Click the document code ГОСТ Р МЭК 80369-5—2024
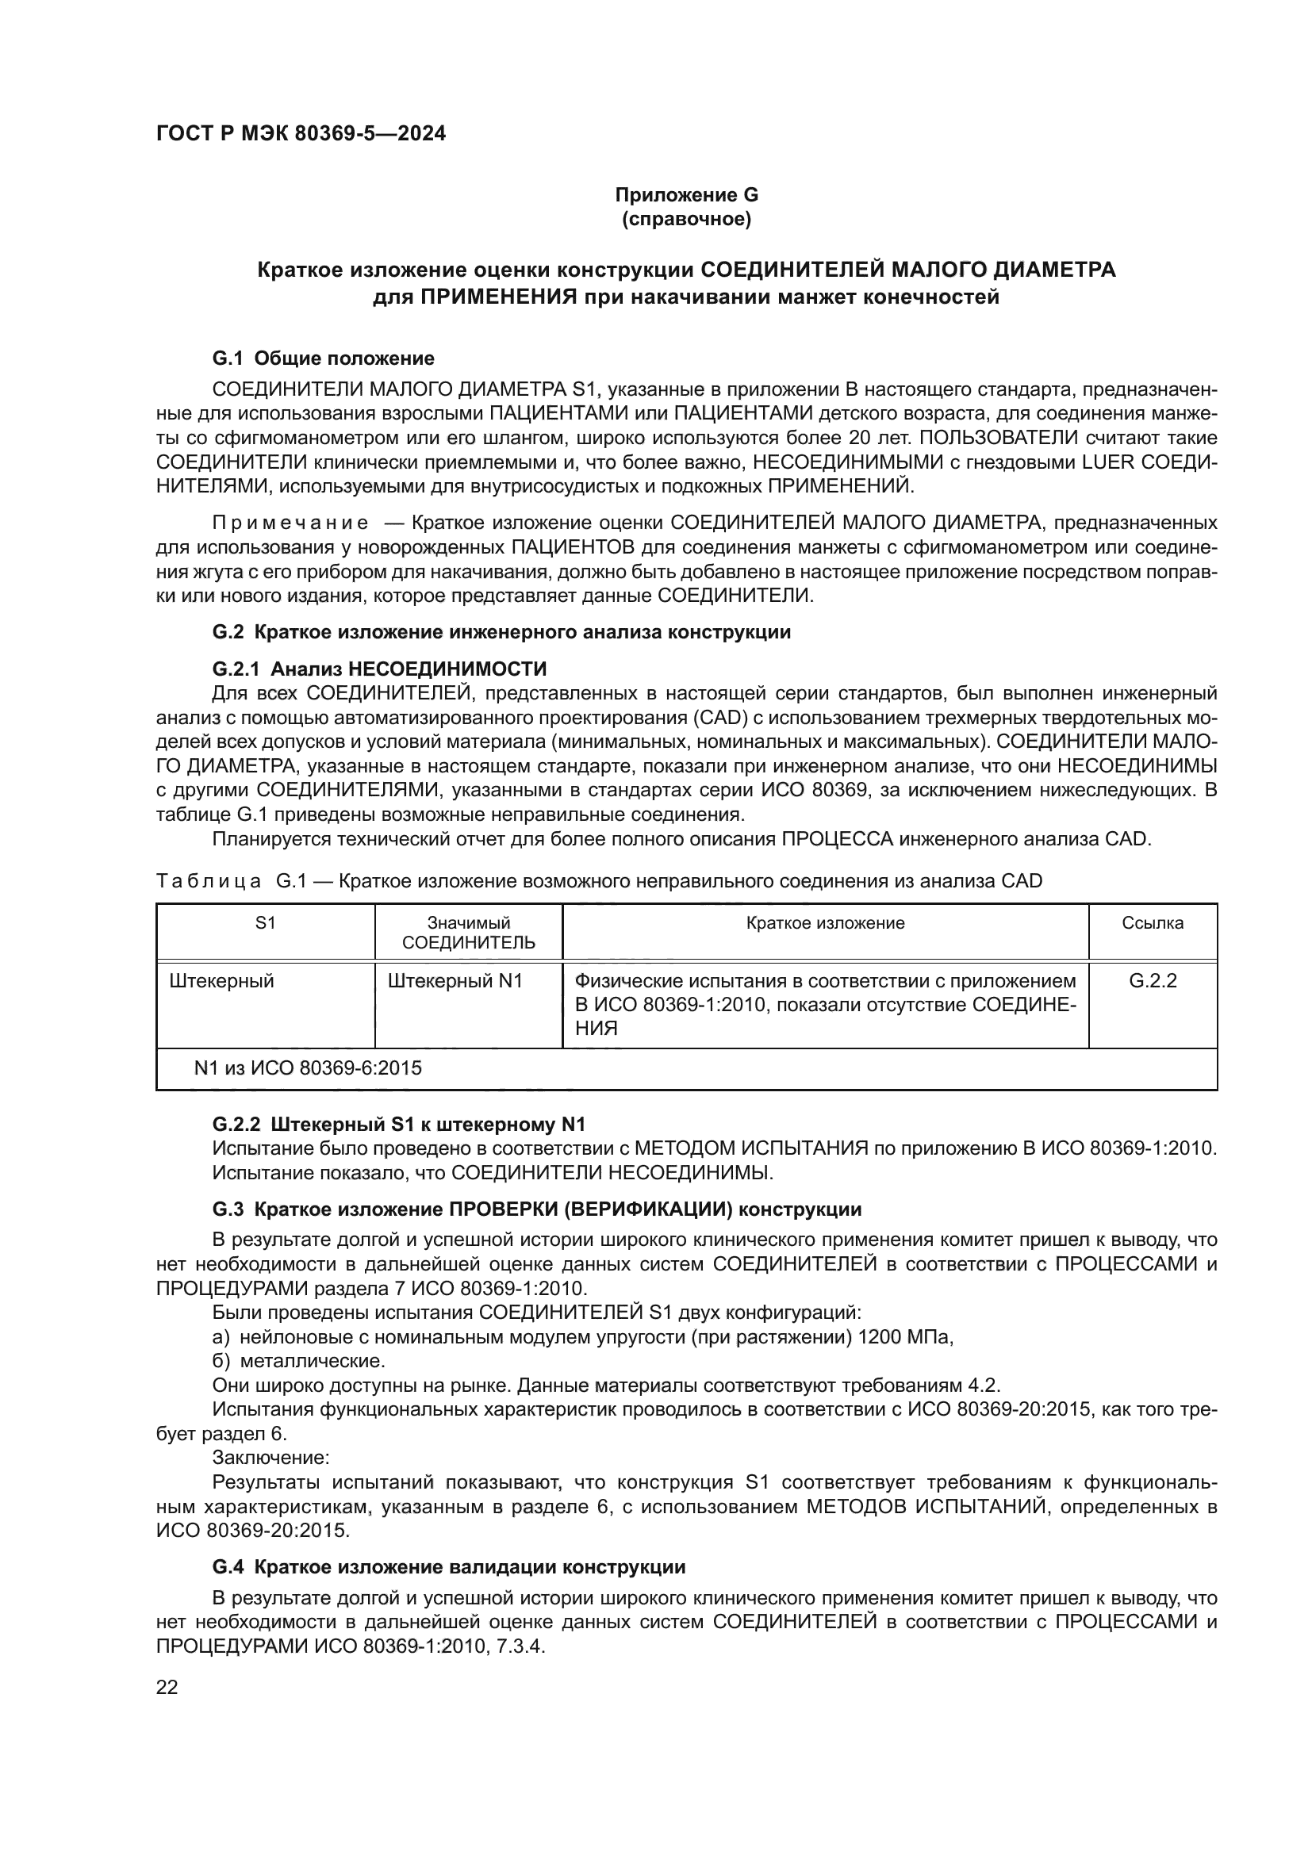[x=301, y=133]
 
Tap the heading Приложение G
[x=686, y=195]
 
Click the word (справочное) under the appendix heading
[x=686, y=219]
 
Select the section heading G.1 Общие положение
[x=323, y=358]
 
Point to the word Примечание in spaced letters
[x=290, y=523]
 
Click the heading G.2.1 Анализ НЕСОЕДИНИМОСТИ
[x=379, y=669]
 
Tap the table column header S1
[x=265, y=922]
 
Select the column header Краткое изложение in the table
[x=825, y=922]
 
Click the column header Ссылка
[x=1152, y=922]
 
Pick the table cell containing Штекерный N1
[x=455, y=981]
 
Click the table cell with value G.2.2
[x=1152, y=981]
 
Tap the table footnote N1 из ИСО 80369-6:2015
[x=308, y=1068]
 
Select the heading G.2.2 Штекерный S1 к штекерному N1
[x=398, y=1124]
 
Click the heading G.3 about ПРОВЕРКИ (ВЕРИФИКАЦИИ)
[x=536, y=1209]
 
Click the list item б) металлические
[x=299, y=1362]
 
